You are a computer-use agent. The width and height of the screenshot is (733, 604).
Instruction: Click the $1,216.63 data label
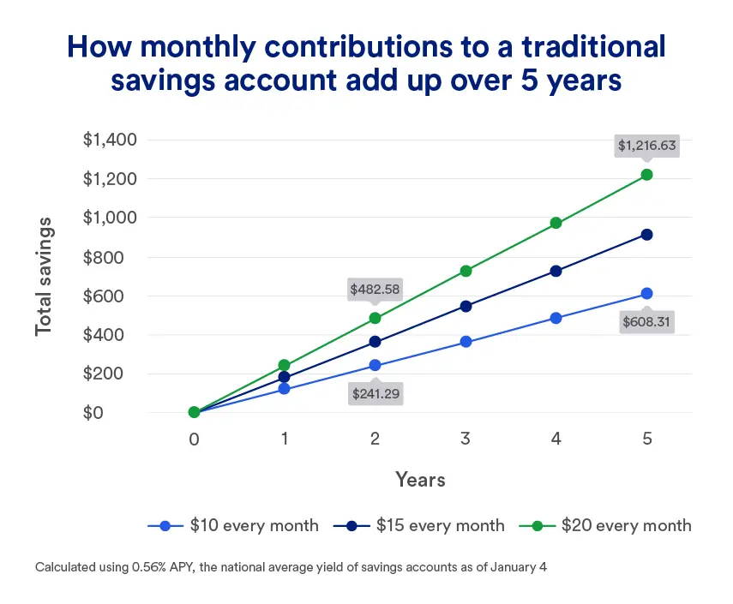647,146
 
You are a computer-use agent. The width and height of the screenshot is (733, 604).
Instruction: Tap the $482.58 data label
376,289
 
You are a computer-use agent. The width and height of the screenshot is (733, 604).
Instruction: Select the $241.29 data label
376,394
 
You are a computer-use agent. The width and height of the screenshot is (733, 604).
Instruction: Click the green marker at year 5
647,175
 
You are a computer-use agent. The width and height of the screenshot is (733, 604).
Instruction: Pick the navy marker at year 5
647,235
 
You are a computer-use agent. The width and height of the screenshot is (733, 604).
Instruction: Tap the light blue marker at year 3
466,342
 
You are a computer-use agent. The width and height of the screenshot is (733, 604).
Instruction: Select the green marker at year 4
556,223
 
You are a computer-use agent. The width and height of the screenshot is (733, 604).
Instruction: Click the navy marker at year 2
376,342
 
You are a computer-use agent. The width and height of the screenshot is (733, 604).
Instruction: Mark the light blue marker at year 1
285,390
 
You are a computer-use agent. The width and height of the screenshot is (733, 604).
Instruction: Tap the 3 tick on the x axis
466,439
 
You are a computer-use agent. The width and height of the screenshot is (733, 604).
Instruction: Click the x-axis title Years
420,479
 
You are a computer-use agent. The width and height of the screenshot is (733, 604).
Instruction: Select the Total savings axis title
44,276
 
